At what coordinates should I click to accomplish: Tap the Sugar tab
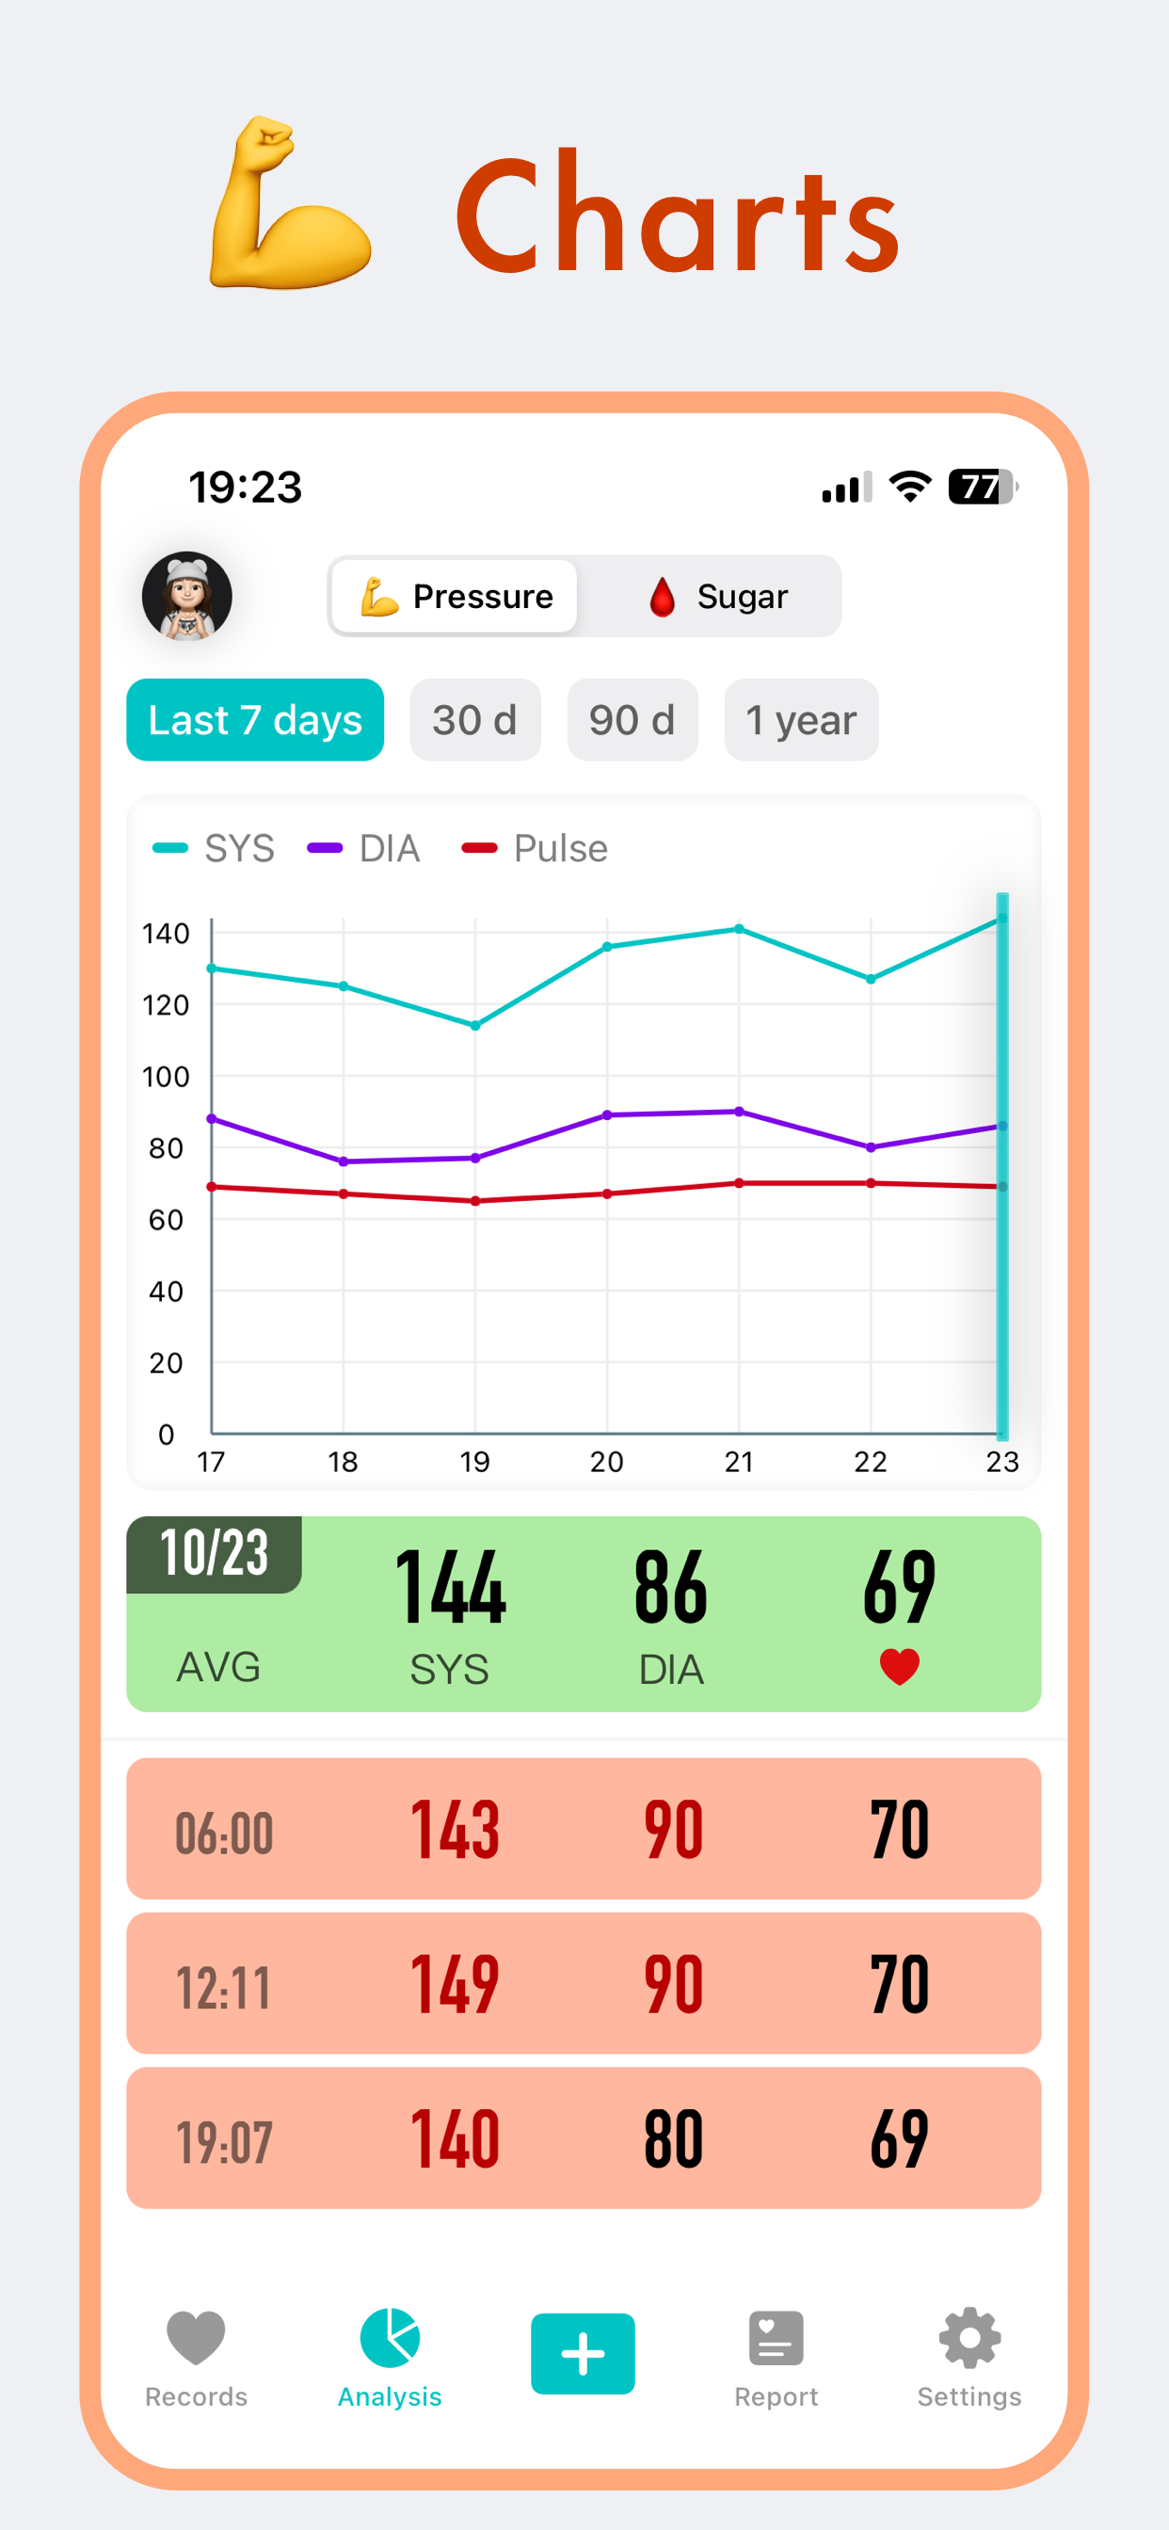click(719, 596)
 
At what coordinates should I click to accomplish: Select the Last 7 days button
click(254, 720)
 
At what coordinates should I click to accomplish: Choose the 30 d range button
click(474, 720)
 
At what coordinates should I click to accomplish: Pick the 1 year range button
click(801, 720)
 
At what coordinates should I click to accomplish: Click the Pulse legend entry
click(536, 849)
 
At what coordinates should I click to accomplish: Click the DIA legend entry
click(364, 849)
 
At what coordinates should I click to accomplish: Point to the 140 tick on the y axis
click(165, 933)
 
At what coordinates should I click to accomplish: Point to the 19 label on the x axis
click(474, 1462)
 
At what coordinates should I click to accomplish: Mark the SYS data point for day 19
click(475, 1025)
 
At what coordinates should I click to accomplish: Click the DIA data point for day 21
click(739, 1112)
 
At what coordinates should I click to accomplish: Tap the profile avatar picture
click(186, 596)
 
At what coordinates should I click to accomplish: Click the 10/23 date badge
click(215, 1554)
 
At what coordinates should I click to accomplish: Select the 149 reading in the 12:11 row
click(455, 1984)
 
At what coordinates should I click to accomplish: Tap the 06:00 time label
click(224, 1833)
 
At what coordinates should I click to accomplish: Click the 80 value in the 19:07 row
click(673, 2139)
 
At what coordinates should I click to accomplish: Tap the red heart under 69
click(899, 1667)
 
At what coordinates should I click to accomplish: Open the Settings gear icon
click(969, 2339)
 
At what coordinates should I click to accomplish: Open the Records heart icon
click(196, 2339)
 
